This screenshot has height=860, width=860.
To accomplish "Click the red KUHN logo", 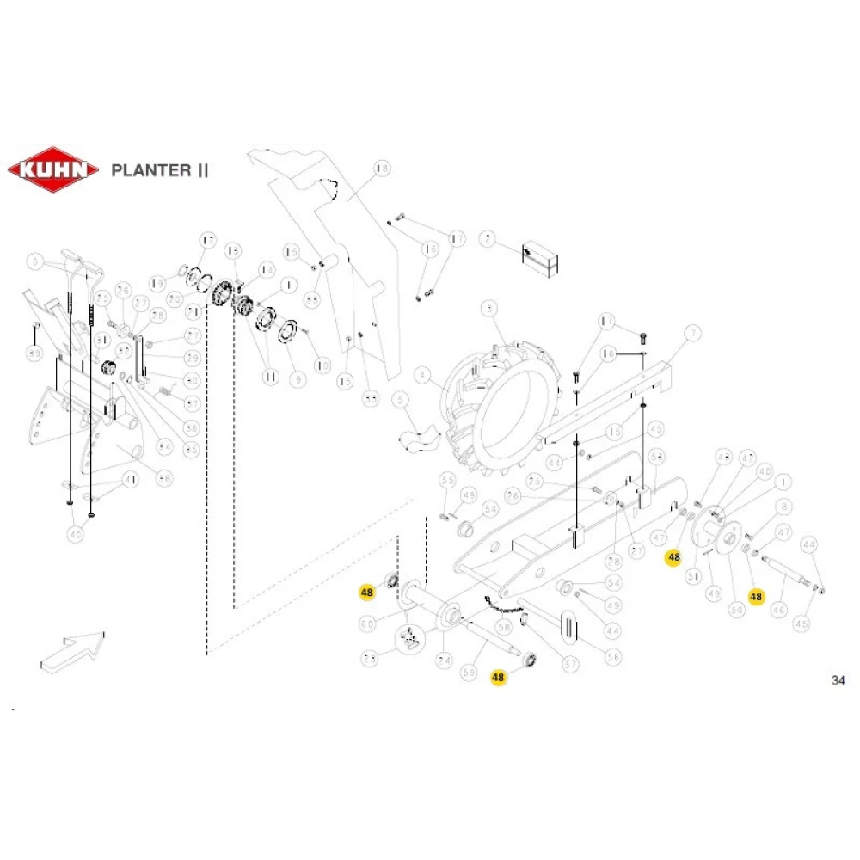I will tap(52, 169).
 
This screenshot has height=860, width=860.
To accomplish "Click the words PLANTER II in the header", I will tap(159, 169).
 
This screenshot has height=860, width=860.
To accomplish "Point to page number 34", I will tap(838, 680).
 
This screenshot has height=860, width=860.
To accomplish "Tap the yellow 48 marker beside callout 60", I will tap(367, 593).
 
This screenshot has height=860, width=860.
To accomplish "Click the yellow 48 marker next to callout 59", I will tap(498, 677).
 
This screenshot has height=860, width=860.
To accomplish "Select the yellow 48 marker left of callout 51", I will tap(673, 556).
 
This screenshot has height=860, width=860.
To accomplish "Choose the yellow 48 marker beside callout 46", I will tap(756, 595).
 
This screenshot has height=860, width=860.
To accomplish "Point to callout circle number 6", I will tap(35, 261).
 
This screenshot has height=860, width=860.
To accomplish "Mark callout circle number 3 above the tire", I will tap(489, 308).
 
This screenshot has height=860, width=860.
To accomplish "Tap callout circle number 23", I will tap(369, 659).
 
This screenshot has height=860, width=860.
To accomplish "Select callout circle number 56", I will tap(613, 656).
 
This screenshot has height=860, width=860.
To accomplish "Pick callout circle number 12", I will tap(232, 250).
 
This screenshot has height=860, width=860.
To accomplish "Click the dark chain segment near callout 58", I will tap(505, 606).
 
